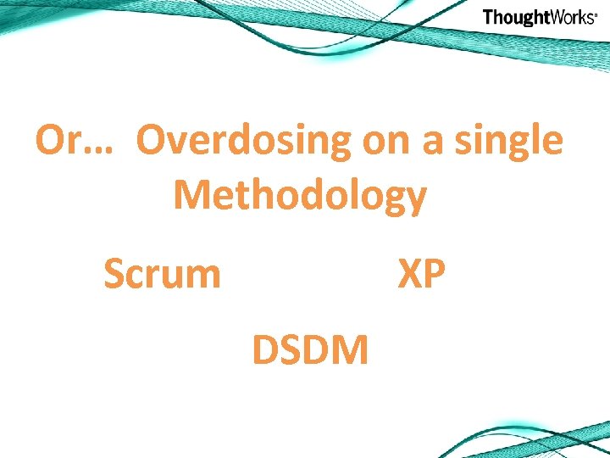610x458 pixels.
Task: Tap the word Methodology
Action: [300, 197]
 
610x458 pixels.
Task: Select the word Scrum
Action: [162, 274]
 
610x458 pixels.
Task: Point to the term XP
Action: [422, 274]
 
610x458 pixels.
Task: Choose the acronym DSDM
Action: [310, 349]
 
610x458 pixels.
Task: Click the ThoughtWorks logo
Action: [540, 18]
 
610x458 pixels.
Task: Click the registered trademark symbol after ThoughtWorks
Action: [596, 14]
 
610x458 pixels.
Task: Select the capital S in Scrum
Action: [114, 274]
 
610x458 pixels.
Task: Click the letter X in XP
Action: [411, 274]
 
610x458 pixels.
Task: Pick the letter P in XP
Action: [435, 274]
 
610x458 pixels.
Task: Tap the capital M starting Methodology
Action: [192, 195]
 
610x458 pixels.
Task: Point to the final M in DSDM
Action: [352, 349]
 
